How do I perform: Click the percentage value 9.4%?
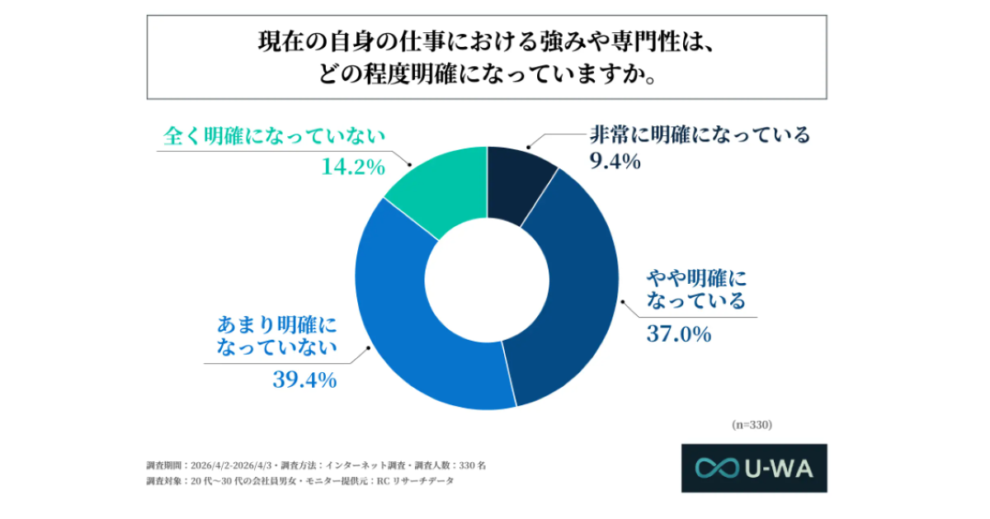(x=615, y=161)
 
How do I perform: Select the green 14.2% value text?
(x=352, y=167)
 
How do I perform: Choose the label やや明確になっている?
(x=693, y=288)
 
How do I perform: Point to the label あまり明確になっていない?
(x=278, y=334)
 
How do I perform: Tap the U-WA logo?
(x=753, y=468)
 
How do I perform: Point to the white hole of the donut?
(x=487, y=279)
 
